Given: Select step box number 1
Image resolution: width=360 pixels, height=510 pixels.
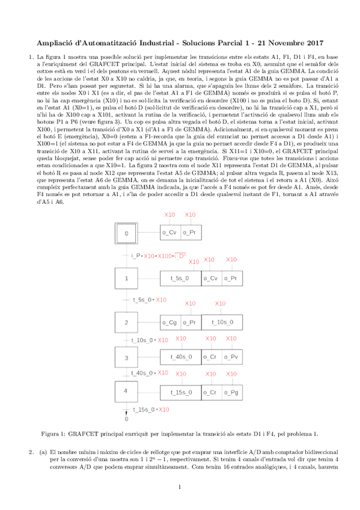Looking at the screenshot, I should pos(126,278).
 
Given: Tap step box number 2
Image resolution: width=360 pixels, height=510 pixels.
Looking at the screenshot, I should pos(126,322).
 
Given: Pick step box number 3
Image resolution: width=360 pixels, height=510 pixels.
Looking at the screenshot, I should pos(126,357).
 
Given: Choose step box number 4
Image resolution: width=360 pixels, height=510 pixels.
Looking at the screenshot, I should pos(126,391).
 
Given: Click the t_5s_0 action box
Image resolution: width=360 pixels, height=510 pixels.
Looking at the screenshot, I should pos(180,278).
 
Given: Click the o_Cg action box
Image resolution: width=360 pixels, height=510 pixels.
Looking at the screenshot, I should pos(169,322).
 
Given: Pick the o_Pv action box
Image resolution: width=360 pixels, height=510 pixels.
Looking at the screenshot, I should pos(231,357).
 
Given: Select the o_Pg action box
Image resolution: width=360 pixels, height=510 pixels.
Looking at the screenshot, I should pos(231,392).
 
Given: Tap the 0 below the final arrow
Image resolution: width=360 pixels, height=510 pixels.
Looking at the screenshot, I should pos(126,418).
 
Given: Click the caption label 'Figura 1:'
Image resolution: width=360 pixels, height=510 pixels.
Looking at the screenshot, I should pos(53,433).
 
